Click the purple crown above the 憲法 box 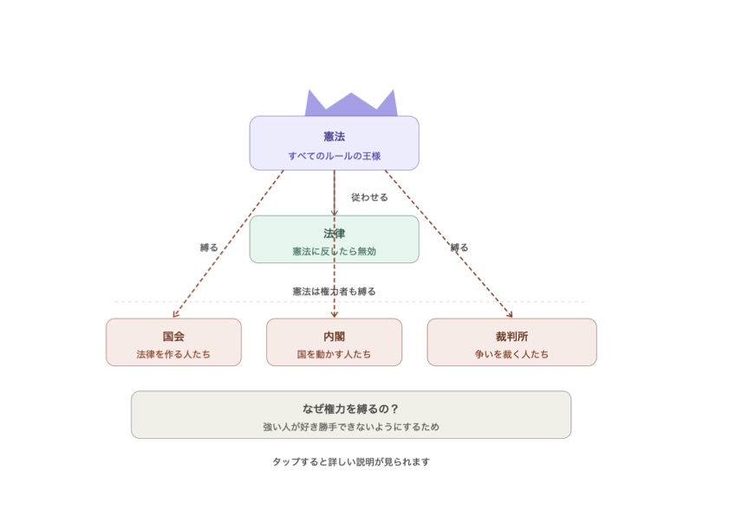point(351,104)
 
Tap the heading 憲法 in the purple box point(335,137)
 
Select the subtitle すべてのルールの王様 point(335,156)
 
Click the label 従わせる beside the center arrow point(369,197)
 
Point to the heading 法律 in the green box point(335,233)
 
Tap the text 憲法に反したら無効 point(335,251)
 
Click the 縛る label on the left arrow point(209,248)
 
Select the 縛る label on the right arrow point(459,248)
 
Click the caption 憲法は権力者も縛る point(335,292)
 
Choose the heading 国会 point(173,336)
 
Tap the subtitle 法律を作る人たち point(173,354)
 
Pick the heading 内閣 point(335,336)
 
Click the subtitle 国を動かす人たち point(335,354)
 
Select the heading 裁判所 point(512,336)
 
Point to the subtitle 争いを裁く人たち point(512,354)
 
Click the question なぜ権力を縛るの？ point(351,409)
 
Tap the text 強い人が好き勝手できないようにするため point(351,427)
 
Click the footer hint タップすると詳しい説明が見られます point(351,462)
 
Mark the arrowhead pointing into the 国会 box point(175,315)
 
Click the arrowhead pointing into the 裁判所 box point(510,315)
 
